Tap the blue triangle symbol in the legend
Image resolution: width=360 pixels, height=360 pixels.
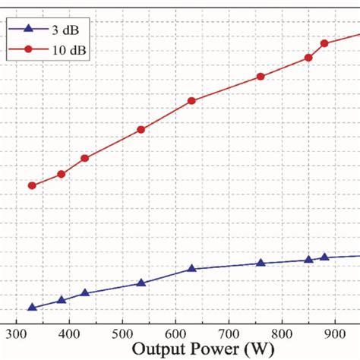(27, 30)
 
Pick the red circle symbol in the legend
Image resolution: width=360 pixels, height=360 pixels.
(27, 49)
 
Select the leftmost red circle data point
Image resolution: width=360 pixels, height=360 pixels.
(32, 185)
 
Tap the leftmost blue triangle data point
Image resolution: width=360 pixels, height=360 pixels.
(32, 308)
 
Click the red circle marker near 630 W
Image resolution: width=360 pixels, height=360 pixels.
(191, 101)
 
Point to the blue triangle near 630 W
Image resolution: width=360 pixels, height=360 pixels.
(191, 269)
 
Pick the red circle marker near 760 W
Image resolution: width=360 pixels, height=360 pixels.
(261, 77)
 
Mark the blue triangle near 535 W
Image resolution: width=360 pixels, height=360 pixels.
(141, 283)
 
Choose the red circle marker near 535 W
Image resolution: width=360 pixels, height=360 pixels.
(141, 130)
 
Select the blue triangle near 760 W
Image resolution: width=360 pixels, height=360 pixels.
(261, 264)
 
